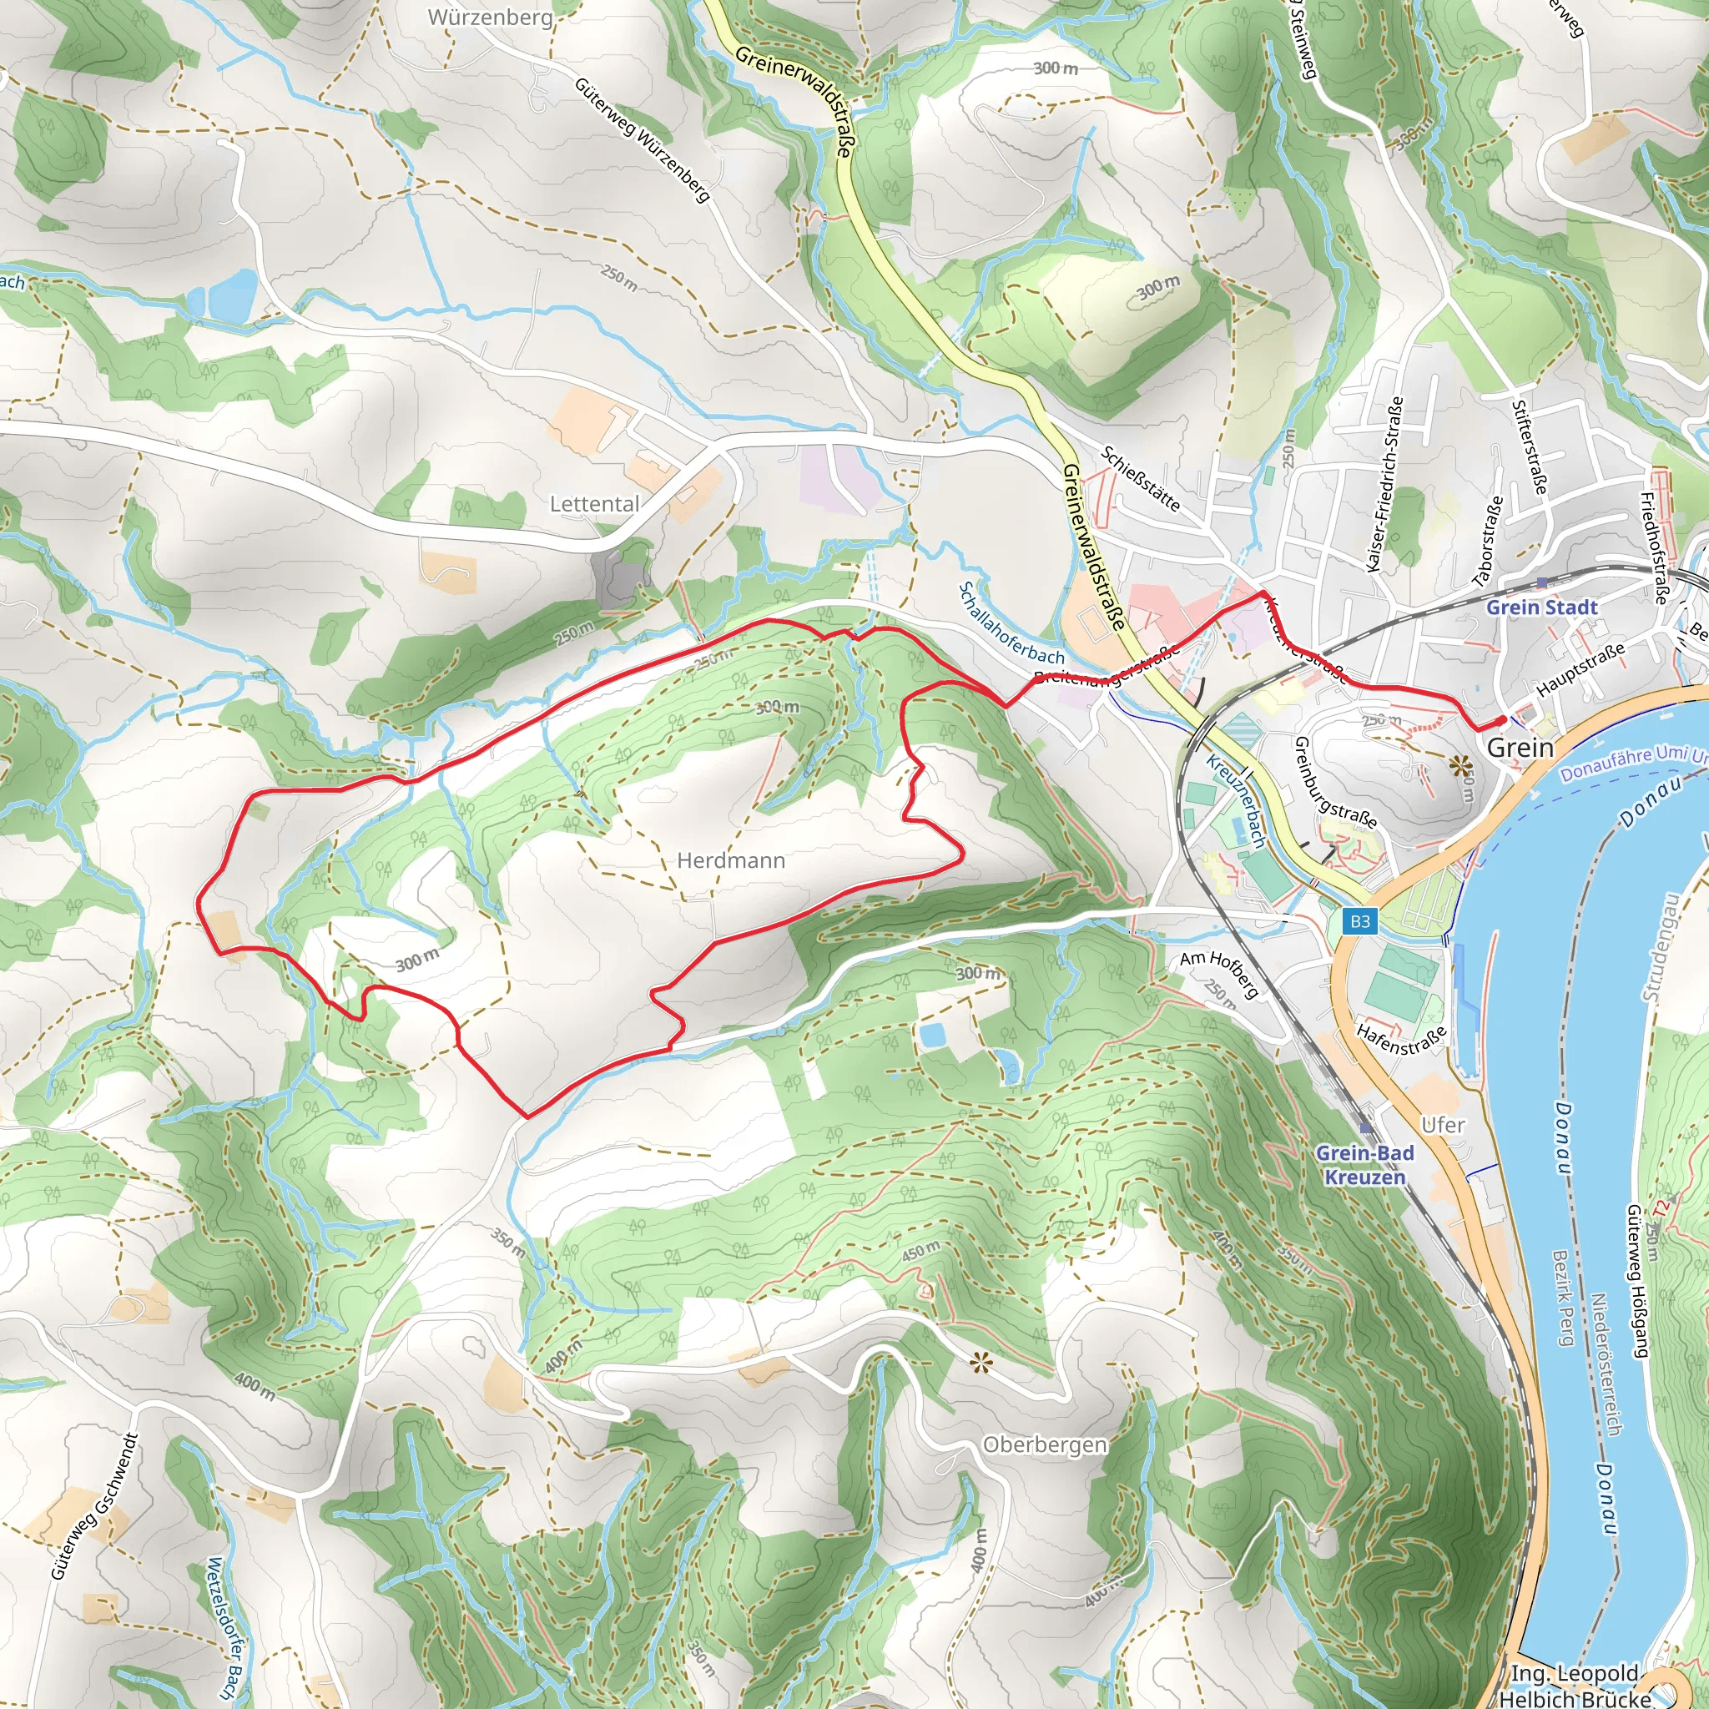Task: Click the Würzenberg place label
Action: tap(490, 17)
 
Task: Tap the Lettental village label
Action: tap(594, 503)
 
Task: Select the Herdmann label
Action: tap(731, 860)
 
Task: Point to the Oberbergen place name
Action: tap(1045, 1444)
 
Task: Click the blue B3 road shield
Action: tap(1359, 921)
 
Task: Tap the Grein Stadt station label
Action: tap(1542, 607)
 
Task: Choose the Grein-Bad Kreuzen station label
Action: tap(1365, 1164)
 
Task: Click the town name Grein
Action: tap(1520, 748)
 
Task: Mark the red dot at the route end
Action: tap(1502, 720)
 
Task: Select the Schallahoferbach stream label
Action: tap(1012, 623)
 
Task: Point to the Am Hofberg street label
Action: tap(1220, 973)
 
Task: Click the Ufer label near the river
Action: tap(1443, 1124)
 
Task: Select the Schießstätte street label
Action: tap(1141, 478)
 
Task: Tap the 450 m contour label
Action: tap(921, 1252)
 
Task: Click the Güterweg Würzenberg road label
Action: tap(643, 139)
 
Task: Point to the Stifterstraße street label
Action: tap(1530, 446)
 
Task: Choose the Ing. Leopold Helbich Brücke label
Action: tap(1575, 1685)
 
